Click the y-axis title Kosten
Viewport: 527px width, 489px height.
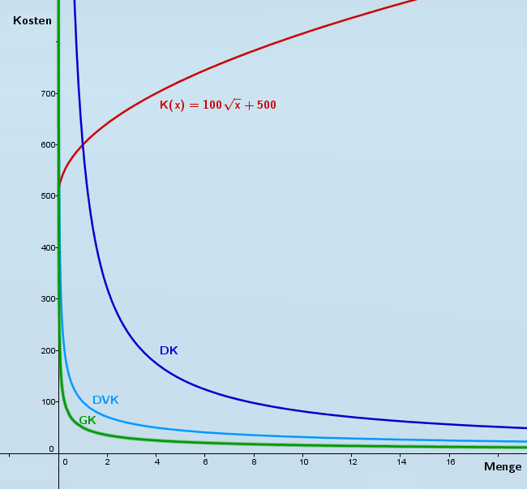point(32,20)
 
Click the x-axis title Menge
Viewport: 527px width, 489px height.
point(503,466)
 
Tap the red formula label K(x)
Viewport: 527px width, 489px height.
point(217,105)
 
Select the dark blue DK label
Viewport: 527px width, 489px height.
point(169,350)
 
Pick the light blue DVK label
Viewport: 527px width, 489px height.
point(105,400)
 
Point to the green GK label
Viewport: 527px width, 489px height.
point(88,420)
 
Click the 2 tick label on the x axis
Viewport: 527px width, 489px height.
point(107,461)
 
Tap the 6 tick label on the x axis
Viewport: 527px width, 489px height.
point(205,461)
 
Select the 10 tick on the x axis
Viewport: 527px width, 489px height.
point(303,461)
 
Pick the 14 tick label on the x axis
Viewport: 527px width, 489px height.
point(401,461)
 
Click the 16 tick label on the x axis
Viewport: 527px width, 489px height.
point(450,461)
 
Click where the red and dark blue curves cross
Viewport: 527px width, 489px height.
point(83,144)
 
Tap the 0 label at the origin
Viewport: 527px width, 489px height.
point(51,448)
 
